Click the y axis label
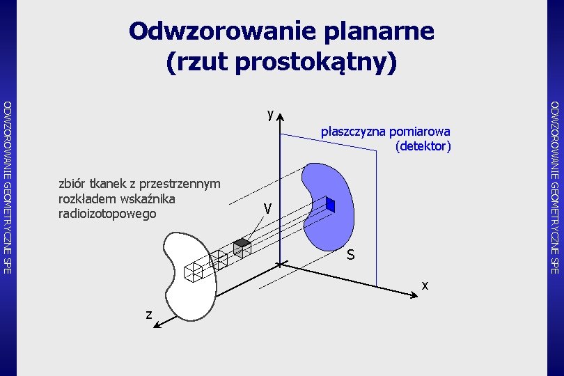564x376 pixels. (269, 114)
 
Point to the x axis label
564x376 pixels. (425, 285)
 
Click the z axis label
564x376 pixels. (149, 315)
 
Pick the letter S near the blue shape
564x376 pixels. (351, 256)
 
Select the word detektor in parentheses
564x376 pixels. (423, 146)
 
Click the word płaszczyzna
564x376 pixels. (354, 131)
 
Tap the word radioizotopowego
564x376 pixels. (107, 214)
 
